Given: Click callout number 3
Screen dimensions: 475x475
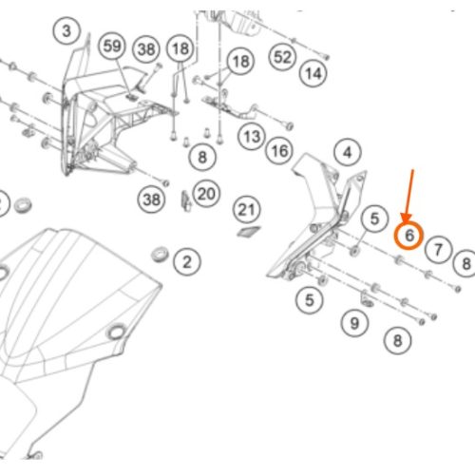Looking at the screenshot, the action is [x=66, y=31].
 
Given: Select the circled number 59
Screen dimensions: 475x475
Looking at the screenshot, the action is [x=112, y=46].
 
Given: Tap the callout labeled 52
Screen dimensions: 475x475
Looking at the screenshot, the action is [x=282, y=57].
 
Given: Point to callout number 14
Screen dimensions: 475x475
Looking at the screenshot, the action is [x=313, y=73].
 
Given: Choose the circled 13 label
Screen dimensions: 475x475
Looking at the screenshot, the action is [x=252, y=137].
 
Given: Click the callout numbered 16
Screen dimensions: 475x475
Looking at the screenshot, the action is [x=279, y=151].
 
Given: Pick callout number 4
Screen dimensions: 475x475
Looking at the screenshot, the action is [x=348, y=152].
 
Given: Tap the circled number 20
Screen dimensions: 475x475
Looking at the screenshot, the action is [x=206, y=194].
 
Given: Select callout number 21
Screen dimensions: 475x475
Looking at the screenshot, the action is [x=247, y=210].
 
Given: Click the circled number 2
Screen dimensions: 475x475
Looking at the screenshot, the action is [x=187, y=262].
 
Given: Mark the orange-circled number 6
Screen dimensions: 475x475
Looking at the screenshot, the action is [x=408, y=236].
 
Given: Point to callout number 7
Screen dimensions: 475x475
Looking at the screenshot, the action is [x=438, y=250].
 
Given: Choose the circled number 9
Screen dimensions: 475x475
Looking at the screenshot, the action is [x=354, y=323].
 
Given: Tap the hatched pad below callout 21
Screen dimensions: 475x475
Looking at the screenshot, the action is [x=249, y=232].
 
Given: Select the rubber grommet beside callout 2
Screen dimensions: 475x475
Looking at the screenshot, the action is [x=160, y=255].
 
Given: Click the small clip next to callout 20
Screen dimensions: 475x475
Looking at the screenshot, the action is [x=186, y=201].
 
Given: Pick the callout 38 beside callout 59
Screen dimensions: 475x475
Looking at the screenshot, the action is [x=146, y=49].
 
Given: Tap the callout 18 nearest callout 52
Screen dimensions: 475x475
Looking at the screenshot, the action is [x=240, y=61].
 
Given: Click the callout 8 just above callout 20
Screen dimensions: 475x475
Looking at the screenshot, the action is [x=202, y=157].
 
